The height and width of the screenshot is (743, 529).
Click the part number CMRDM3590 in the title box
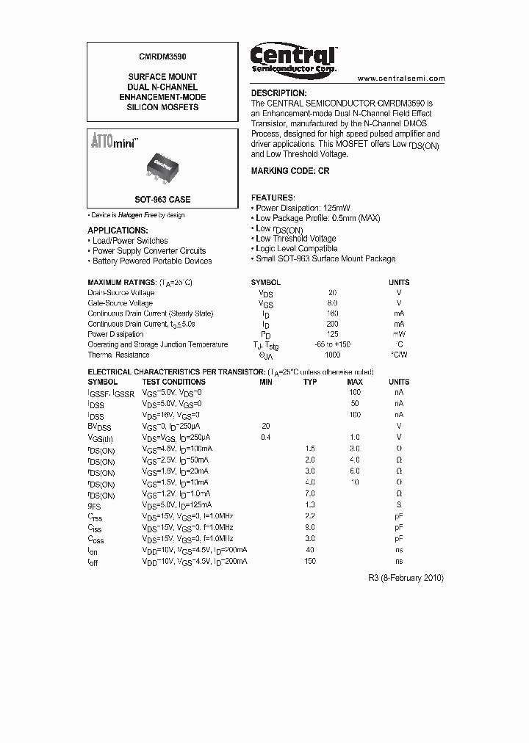point(162,54)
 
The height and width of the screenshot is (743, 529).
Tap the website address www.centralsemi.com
point(401,78)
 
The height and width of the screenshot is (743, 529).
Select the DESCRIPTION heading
point(278,93)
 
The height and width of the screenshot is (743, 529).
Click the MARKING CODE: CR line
point(290,170)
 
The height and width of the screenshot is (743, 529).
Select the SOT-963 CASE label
point(162,200)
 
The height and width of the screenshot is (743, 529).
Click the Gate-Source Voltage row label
point(120,303)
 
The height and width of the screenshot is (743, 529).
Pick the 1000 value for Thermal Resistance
point(333,355)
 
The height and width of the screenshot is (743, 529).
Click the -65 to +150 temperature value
point(333,344)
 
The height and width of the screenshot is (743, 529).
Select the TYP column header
point(310,382)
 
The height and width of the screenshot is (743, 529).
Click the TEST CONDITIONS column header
point(173,382)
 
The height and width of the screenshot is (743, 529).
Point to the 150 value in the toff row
point(310,561)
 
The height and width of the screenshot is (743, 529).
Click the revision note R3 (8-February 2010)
point(406,578)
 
